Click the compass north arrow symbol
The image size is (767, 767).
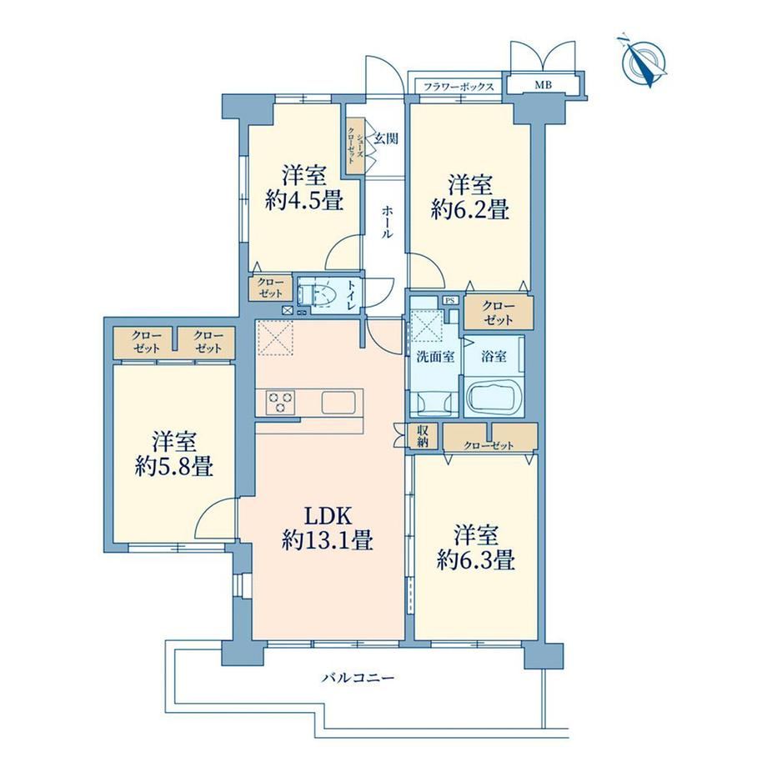click(x=642, y=62)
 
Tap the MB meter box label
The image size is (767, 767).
click(x=543, y=85)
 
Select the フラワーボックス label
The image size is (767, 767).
click(x=459, y=87)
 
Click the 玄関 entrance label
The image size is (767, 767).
click(x=386, y=139)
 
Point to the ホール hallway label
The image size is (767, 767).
click(x=387, y=222)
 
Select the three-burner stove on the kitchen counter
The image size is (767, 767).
click(x=280, y=402)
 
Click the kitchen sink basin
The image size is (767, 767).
click(x=338, y=402)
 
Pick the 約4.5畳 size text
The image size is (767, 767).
click(x=303, y=200)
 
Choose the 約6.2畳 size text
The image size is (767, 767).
click(x=469, y=209)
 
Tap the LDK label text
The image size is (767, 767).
click(x=328, y=516)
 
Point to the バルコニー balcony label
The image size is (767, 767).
click(x=358, y=678)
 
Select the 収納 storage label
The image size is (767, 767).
click(x=423, y=436)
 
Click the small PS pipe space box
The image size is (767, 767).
click(x=449, y=300)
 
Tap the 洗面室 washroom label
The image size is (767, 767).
click(x=435, y=357)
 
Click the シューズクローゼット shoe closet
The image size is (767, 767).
click(x=355, y=145)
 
